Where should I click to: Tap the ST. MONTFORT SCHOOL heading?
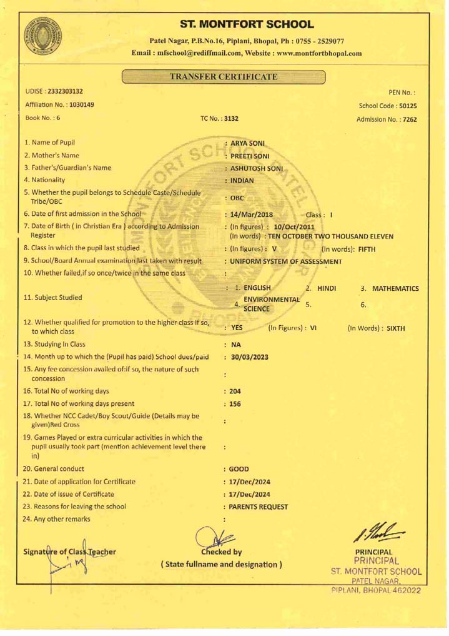point(245,25)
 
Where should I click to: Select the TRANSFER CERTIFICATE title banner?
point(224,77)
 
